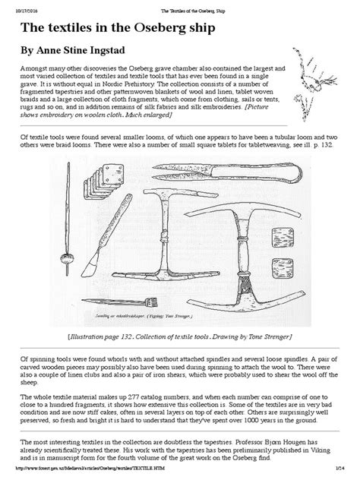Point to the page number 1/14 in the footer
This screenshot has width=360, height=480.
point(345,475)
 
